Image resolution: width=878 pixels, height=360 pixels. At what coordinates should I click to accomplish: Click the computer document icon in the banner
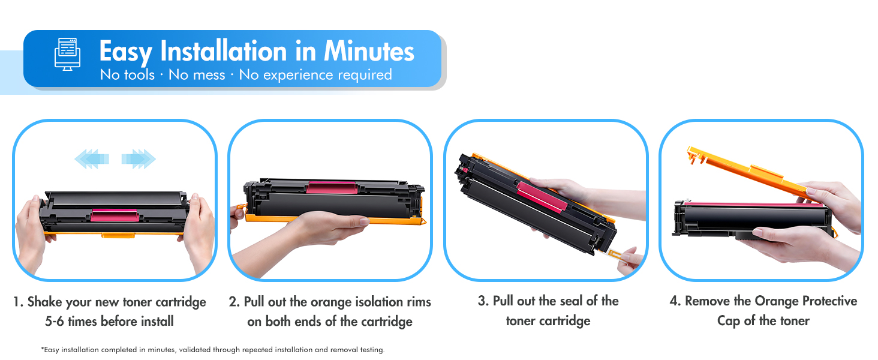tap(67, 54)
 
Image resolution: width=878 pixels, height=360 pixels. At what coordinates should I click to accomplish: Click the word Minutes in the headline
tap(369, 52)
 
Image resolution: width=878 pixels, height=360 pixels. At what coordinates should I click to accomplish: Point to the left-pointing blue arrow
tap(92, 159)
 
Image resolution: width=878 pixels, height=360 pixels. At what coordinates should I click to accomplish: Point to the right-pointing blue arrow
tap(139, 159)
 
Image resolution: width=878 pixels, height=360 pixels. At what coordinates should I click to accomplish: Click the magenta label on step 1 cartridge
tap(115, 215)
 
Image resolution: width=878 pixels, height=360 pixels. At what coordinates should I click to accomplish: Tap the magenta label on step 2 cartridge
tap(332, 187)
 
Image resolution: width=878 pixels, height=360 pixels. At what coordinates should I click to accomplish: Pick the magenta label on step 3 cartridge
tap(542, 197)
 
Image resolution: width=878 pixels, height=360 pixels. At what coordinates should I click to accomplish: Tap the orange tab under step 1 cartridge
tap(118, 235)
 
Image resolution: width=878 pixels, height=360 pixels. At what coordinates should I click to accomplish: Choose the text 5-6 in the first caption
tap(55, 322)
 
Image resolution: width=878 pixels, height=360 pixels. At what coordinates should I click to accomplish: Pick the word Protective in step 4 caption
tap(830, 301)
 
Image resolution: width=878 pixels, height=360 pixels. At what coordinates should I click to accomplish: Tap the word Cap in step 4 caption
tap(729, 321)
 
